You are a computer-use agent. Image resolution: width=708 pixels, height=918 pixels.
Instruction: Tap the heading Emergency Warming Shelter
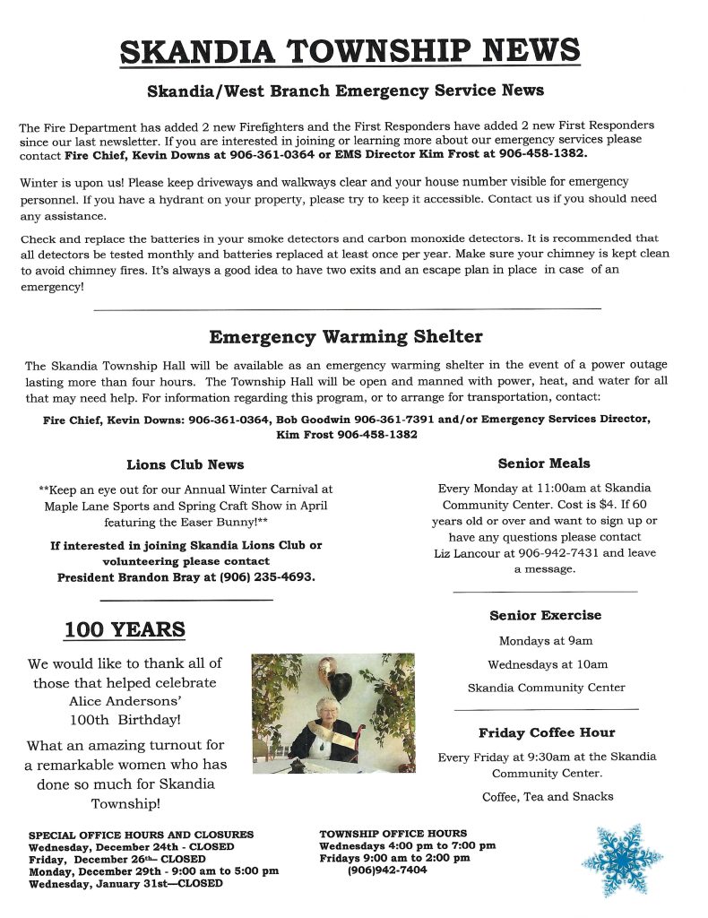click(x=346, y=337)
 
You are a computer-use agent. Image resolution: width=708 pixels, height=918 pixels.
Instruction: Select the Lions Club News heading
click(x=186, y=464)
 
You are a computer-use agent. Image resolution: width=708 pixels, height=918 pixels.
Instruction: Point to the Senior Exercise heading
click(x=545, y=615)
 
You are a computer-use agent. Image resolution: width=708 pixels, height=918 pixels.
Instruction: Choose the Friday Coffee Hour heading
click(x=547, y=732)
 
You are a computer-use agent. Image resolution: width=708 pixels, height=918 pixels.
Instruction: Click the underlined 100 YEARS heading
click(x=125, y=629)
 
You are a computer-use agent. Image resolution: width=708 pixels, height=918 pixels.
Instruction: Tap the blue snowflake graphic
click(x=622, y=861)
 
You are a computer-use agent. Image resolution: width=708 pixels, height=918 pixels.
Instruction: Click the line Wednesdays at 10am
click(x=548, y=664)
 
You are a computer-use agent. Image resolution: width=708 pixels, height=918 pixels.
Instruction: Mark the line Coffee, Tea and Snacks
click(x=548, y=796)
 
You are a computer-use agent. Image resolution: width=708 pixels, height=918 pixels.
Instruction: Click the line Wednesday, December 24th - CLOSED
click(x=131, y=846)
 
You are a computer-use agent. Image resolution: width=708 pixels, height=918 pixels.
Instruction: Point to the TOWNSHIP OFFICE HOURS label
click(x=393, y=834)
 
